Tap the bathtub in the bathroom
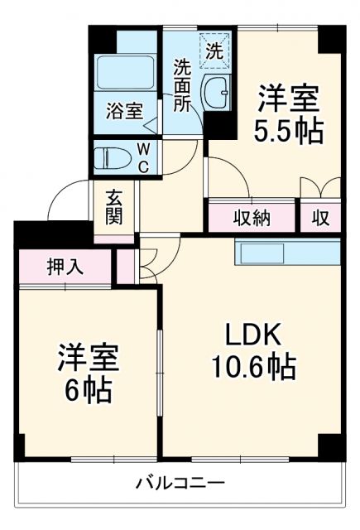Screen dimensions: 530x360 point(127,73)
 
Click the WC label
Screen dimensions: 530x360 point(143,157)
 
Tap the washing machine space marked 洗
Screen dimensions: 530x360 point(214,49)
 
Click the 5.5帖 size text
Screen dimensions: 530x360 point(287,132)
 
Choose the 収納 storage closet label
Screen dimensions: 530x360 point(252,218)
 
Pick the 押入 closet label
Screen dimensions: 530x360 point(65,267)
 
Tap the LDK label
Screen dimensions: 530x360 point(257,335)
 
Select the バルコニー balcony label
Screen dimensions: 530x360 point(180,483)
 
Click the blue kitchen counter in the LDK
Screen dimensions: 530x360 point(287,251)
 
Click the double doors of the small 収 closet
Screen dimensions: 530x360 point(320,189)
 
